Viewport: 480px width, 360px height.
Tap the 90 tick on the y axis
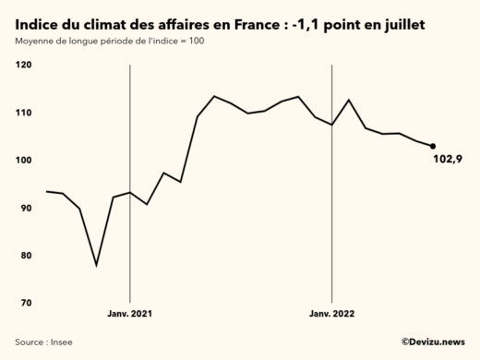tap(25, 208)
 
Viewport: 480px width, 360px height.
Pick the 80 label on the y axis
tap(25, 256)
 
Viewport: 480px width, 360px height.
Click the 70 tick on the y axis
tap(25, 304)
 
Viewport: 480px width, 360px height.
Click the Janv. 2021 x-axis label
tap(129, 314)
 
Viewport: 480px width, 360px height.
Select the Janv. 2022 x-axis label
tap(331, 314)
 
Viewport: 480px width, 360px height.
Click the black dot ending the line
tap(433, 146)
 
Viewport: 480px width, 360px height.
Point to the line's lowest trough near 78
tap(96, 265)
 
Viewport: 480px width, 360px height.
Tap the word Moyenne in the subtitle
tap(36, 42)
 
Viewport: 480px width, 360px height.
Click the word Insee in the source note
tap(60, 342)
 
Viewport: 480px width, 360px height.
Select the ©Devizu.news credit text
tap(432, 342)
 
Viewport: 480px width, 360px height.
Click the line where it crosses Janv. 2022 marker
tap(331, 124)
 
